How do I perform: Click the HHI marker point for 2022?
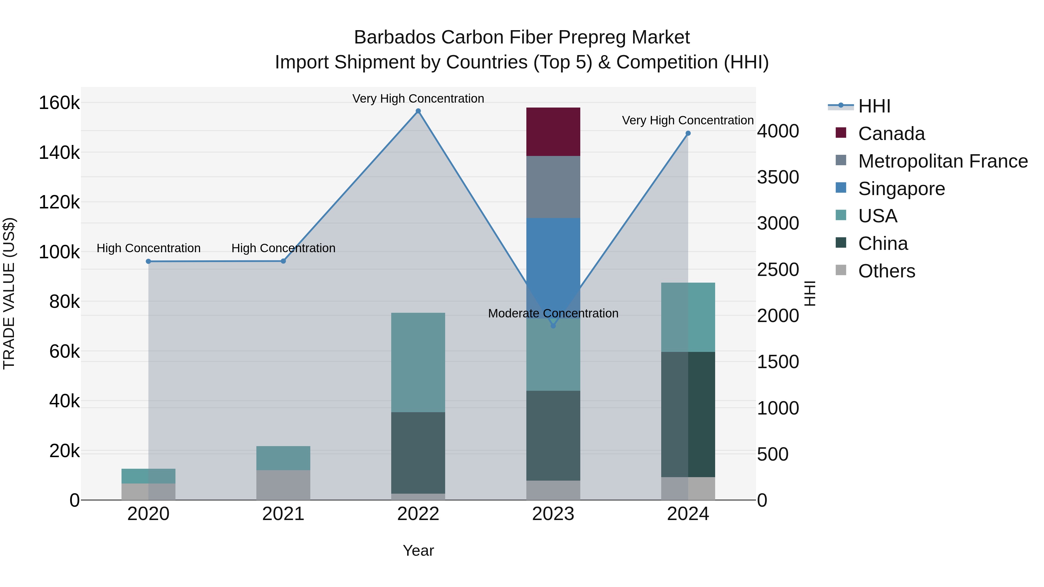coord(418,111)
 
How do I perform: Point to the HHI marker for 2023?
coord(553,326)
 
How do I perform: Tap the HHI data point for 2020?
coord(148,261)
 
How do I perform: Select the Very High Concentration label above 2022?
coord(418,99)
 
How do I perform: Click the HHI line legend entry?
coord(874,106)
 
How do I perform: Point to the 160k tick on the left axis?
coord(59,103)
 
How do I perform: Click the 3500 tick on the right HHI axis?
coord(778,177)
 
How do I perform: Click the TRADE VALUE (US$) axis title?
coord(9,293)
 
